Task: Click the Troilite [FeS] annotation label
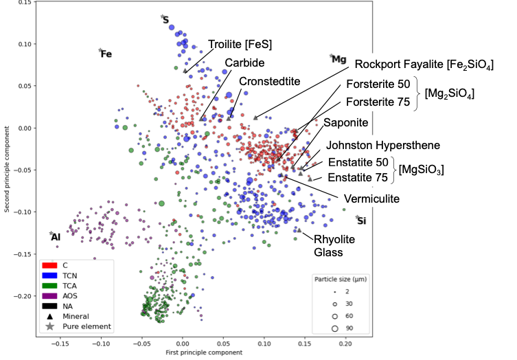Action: [240, 45]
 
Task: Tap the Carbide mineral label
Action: [244, 63]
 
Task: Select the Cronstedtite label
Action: [270, 81]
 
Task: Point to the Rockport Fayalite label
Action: [424, 65]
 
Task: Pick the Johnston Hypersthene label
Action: [383, 145]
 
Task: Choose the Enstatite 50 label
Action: [358, 163]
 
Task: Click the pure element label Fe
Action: [106, 54]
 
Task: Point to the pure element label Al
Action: [56, 237]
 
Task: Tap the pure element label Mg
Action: [339, 59]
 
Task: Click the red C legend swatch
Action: [49, 265]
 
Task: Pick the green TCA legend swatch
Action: [49, 285]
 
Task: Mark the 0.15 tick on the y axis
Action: [24, 3]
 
